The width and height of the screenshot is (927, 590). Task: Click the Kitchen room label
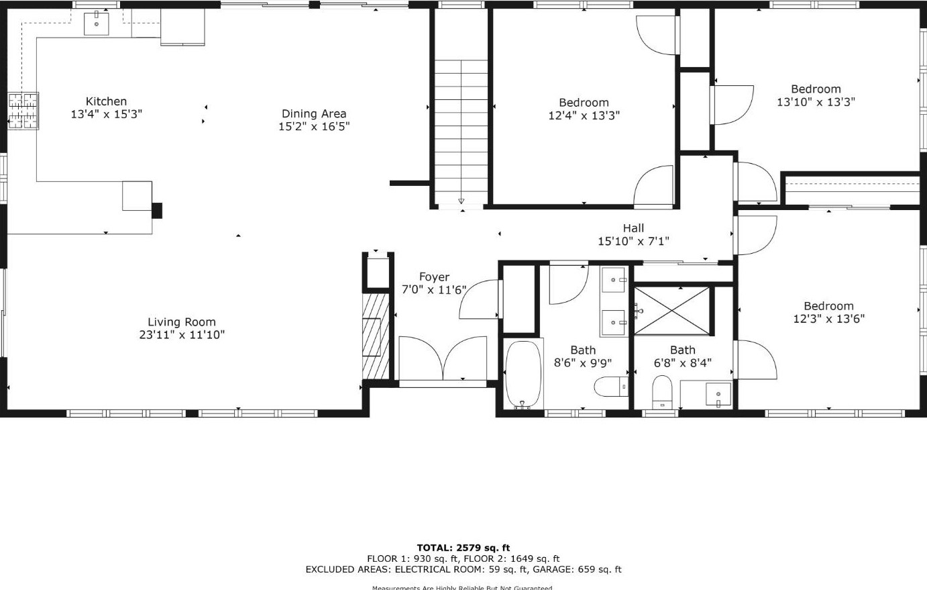pos(106,101)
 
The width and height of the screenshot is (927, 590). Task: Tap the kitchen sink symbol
pos(97,23)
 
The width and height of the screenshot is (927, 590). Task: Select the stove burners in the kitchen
pos(23,110)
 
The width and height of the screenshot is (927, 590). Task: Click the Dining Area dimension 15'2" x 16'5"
pos(314,126)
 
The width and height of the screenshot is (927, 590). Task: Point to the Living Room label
pos(181,322)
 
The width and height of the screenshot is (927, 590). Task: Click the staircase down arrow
pos(461,200)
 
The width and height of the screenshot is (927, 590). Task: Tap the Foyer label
pos(434,277)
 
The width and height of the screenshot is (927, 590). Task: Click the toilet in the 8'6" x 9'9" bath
pos(610,387)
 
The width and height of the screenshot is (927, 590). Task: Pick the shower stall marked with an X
pos(671,310)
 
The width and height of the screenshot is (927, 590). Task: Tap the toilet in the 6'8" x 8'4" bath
pos(662,391)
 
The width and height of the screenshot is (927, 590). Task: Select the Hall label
pos(633,228)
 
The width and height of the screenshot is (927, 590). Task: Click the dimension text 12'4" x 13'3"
pos(584,115)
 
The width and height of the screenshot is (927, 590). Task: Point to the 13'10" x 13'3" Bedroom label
pos(816,89)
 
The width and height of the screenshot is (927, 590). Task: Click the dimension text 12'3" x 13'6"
pos(828,319)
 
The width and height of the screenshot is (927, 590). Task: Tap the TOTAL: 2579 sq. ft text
pos(463,548)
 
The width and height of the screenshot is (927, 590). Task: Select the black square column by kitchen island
pos(157,210)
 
